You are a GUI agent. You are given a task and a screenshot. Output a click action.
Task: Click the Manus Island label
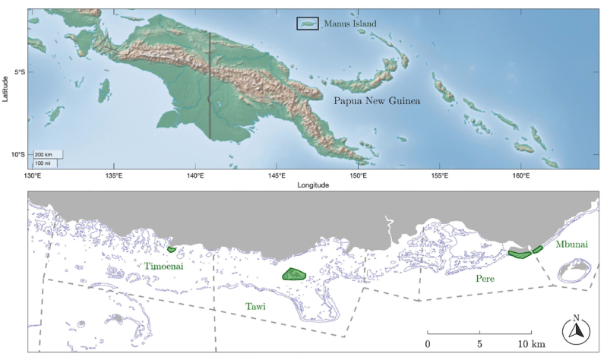tap(349, 24)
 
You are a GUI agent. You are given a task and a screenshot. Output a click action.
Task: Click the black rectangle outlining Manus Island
tap(307, 24)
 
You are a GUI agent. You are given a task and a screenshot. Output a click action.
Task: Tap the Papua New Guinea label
tap(377, 100)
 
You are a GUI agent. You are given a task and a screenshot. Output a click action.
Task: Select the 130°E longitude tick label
tap(33, 175)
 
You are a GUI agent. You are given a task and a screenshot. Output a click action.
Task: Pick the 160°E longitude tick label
tap(520, 175)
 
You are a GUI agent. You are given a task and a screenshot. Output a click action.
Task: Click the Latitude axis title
tap(6, 90)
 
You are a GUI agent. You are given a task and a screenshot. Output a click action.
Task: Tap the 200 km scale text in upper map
tap(43, 154)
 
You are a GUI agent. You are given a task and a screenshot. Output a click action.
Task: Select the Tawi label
tap(255, 306)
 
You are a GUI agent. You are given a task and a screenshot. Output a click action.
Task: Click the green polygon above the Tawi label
tap(293, 274)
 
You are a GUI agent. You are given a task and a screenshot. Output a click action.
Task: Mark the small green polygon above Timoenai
tap(172, 249)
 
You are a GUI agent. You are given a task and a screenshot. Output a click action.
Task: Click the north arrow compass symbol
tap(577, 330)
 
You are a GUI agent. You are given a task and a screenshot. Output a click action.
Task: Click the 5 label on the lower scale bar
tap(479, 345)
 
